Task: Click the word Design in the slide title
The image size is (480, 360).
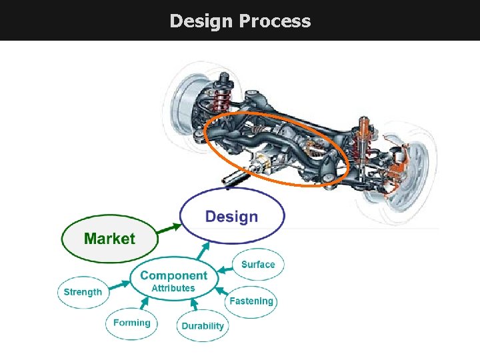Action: tap(201, 21)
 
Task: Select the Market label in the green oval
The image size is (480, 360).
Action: tap(109, 239)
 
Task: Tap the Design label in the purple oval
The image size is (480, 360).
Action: tap(231, 217)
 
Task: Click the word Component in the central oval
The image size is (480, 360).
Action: tap(173, 275)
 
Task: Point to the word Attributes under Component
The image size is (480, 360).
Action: tap(173, 289)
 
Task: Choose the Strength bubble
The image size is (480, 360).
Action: tap(83, 292)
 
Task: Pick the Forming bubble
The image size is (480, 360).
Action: tap(131, 323)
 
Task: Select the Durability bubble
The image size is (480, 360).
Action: tap(203, 326)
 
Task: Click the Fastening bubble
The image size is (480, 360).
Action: tap(251, 301)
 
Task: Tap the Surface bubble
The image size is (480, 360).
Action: tap(258, 265)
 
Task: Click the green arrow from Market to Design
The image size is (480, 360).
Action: tap(169, 228)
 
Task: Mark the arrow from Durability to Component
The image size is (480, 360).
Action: tap(194, 306)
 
